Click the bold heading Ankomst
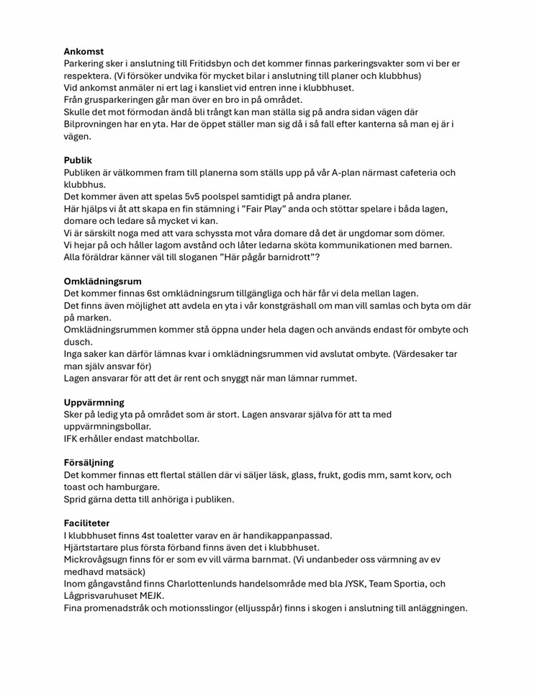[84, 52]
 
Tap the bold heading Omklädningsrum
[103, 281]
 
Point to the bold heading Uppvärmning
[94, 402]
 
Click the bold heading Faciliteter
[87, 523]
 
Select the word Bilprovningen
[97, 124]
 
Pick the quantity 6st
[158, 294]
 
